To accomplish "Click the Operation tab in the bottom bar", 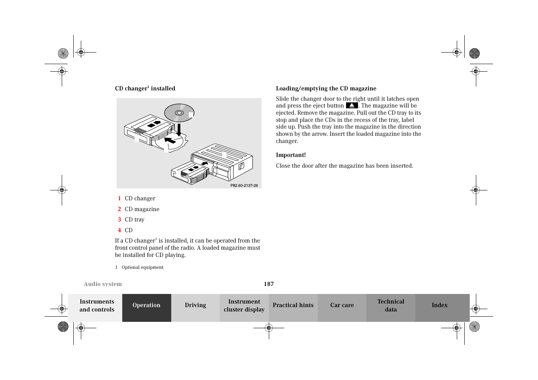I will coord(147,306).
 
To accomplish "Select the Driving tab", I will coord(195,306).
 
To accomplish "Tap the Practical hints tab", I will coord(293,306).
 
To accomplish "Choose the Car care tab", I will coord(342,306).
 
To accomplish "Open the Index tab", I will coord(439,306).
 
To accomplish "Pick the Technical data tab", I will coord(391,306).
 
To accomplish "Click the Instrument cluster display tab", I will coord(244,306).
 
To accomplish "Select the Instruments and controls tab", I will coord(97,306).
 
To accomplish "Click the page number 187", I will coord(269,284).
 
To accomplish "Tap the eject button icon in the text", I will coord(352,106).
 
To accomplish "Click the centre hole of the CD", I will coord(179,113).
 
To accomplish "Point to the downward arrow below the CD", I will coord(179,129).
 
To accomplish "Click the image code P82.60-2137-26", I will coord(244,186).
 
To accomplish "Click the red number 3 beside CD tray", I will coord(119,219).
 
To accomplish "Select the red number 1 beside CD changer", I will coord(119,198).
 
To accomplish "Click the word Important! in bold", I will coord(291,155).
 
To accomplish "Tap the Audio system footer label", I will coord(103,284).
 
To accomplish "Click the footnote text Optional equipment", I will coord(143,267).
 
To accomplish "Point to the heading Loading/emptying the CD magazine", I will coord(326,88).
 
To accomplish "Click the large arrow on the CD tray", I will coord(170,140).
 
